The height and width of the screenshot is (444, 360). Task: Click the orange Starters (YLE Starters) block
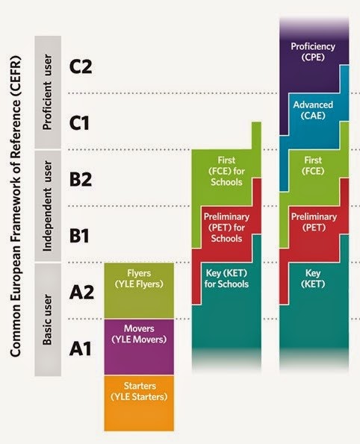click(x=139, y=390)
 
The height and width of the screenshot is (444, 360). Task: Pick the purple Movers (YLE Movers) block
click(x=139, y=334)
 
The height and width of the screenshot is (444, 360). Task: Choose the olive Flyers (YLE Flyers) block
click(x=139, y=278)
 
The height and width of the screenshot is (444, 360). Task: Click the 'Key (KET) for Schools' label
click(x=226, y=278)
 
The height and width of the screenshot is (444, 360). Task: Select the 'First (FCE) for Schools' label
click(x=226, y=169)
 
